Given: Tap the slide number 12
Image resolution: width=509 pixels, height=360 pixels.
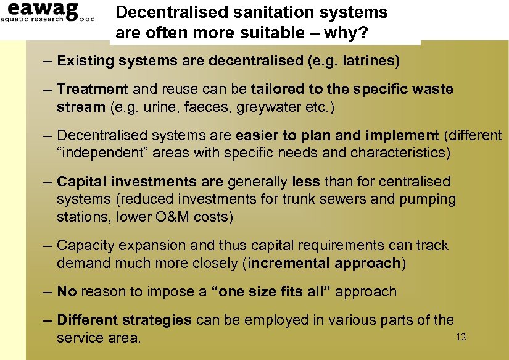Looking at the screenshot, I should tap(460, 337).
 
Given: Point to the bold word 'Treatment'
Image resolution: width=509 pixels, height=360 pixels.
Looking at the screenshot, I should tap(93, 90).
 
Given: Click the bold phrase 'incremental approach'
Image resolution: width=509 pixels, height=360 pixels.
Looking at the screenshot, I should tap(325, 263).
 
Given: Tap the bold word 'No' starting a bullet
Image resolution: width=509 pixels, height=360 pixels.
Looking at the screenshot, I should tap(67, 291).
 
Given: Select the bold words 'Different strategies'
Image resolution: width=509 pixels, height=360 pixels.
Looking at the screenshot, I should tap(124, 320).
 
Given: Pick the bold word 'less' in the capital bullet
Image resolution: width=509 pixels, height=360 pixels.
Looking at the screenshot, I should tap(305, 182).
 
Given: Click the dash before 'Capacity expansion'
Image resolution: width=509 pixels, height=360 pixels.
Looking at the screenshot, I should tap(48, 245).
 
